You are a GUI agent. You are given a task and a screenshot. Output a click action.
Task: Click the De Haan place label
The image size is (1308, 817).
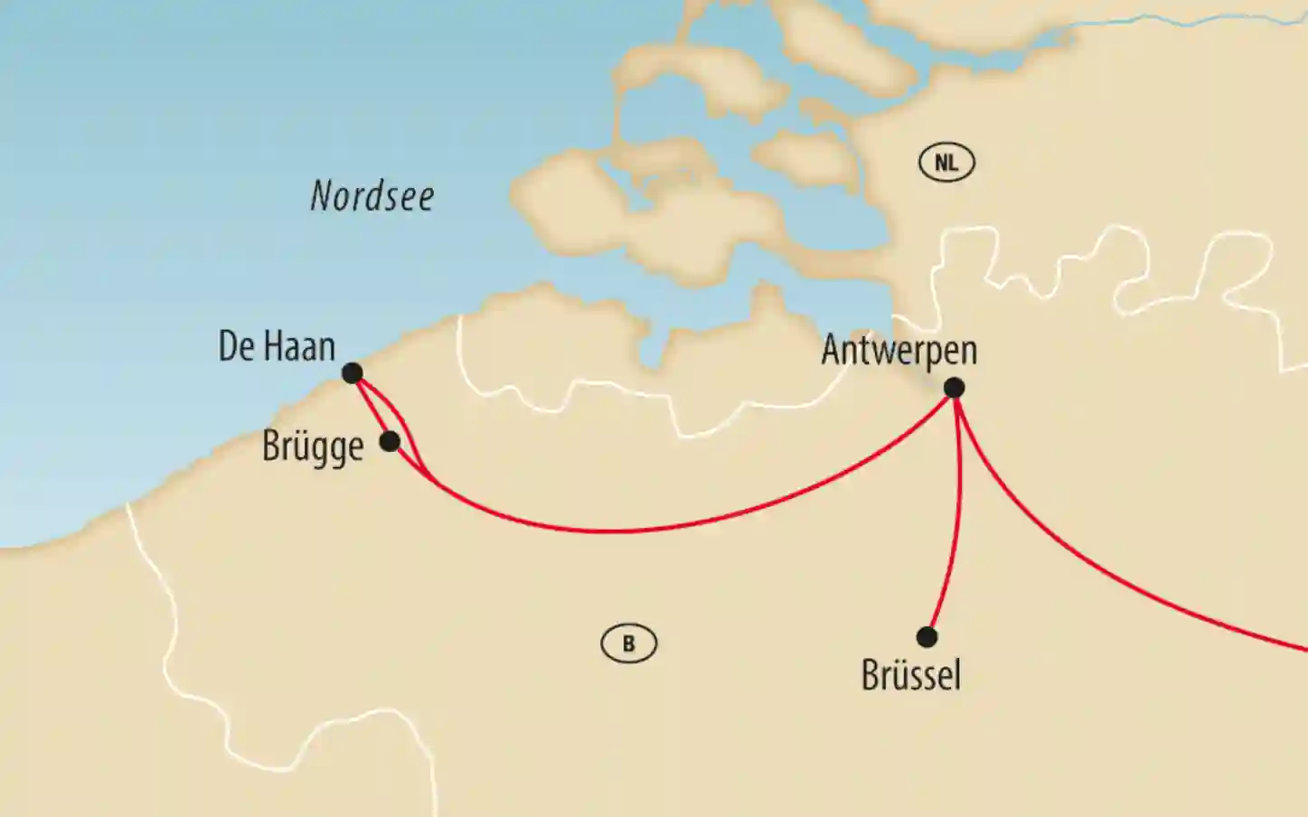277,346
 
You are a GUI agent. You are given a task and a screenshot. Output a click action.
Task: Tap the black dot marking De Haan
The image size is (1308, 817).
353,372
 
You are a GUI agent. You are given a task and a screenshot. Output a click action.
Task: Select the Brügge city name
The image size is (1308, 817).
313,446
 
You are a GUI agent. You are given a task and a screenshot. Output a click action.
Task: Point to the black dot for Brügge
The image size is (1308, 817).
389,441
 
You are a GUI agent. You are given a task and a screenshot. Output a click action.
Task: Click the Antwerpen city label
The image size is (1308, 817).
899,351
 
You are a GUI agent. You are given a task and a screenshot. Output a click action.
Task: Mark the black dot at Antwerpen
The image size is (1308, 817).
954,389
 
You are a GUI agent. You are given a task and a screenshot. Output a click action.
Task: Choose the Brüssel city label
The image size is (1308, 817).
911,675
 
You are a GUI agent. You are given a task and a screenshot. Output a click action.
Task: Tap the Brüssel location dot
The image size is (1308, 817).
927,637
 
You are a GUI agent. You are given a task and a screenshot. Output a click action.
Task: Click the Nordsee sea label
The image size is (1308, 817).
372,196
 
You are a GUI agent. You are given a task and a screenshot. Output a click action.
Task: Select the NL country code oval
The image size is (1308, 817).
946,163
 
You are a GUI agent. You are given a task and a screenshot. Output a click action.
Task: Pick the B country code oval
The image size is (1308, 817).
629,643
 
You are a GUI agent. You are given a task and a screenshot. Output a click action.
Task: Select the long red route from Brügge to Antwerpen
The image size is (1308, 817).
633,530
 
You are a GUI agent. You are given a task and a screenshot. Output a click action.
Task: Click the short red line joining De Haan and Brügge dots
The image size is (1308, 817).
370,407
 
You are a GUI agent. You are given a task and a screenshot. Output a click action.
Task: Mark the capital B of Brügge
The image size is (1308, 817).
271,446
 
